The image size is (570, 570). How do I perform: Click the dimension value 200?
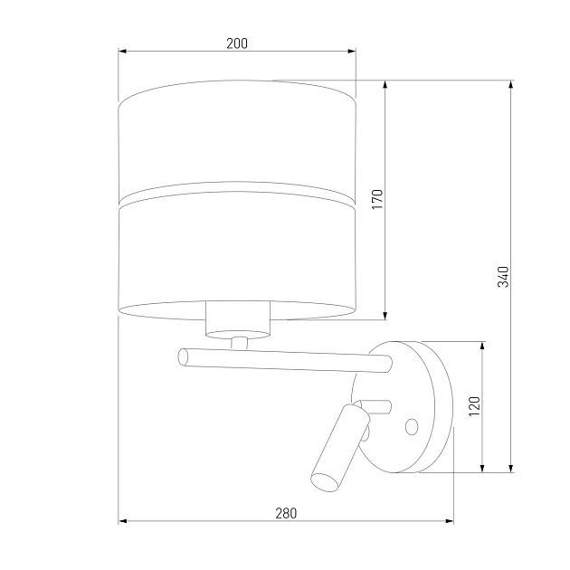tap(237, 43)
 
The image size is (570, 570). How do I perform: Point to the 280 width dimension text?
tap(285, 512)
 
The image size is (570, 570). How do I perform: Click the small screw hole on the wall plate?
tap(412, 425)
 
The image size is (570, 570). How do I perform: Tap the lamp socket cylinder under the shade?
tap(239, 318)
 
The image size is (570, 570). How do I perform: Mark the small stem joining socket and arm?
tap(239, 343)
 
